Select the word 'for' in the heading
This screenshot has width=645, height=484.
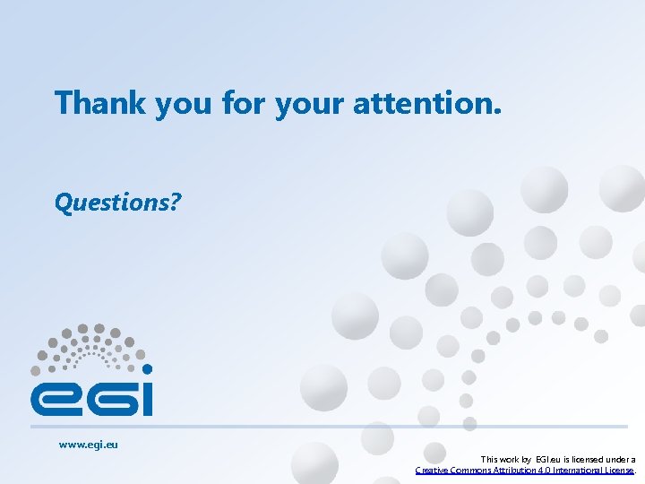point(243,103)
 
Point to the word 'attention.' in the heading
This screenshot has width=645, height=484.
point(427,103)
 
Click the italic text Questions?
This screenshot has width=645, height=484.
point(117,203)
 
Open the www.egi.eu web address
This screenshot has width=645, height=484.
point(88,444)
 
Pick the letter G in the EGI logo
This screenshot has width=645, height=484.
point(107,396)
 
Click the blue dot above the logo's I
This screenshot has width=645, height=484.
point(147,368)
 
